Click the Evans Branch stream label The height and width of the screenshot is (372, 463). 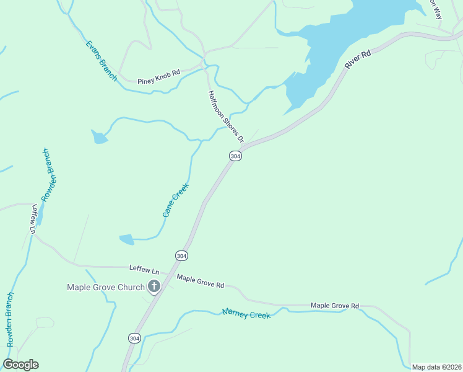coord(102,61)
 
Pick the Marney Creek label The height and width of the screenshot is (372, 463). coord(246,314)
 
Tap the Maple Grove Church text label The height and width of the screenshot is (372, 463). coord(106,287)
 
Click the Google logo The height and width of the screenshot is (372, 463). coord(20,365)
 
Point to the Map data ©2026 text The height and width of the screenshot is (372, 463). coord(436,367)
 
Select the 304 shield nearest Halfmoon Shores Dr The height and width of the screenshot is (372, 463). coord(235,156)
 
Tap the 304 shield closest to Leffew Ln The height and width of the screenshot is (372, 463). coord(181,255)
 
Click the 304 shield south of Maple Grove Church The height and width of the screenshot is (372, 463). coord(134,338)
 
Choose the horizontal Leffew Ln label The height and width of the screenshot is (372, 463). coord(144,269)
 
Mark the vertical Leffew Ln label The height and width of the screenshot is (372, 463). coord(33,218)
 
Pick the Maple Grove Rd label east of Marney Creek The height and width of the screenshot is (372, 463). coord(335,306)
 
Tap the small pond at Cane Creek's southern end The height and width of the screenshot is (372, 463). coord(126,239)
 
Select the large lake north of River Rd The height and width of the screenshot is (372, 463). coord(347,37)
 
